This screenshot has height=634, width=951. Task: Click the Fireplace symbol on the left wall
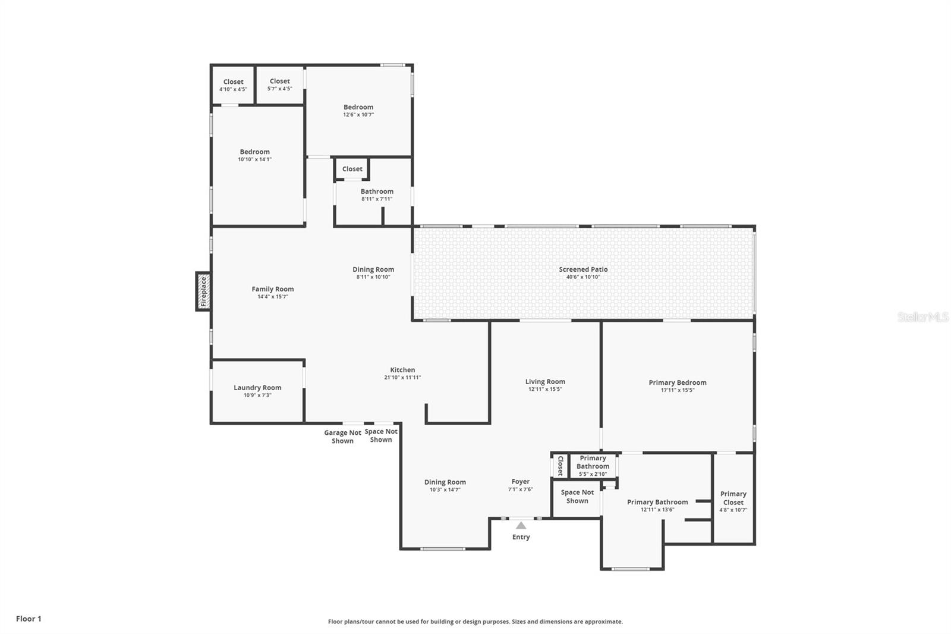pos(203,291)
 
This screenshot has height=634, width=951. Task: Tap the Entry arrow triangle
pos(521,526)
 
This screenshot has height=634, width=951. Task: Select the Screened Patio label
pos(583,269)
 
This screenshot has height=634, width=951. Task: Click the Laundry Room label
pos(257,388)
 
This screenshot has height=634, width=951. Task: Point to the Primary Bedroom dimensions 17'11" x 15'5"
pos(678,390)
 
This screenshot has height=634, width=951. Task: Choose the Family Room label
pos(273,289)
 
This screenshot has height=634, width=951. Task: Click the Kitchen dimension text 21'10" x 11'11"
pos(402,377)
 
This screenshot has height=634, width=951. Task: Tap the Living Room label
pos(545,382)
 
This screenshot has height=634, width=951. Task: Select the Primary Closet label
pos(733,498)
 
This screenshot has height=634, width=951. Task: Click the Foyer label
pos(521,482)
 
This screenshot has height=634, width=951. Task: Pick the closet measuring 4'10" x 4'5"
pos(233,85)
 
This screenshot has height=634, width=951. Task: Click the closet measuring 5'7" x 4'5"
pos(280,84)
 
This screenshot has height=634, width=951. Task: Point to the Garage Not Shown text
pos(342,437)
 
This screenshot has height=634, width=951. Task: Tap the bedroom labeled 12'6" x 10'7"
pos(358,111)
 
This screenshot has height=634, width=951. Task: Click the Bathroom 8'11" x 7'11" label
pos(377,194)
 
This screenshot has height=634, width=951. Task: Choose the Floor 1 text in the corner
pos(29,619)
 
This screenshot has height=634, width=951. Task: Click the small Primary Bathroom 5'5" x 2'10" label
pos(593,466)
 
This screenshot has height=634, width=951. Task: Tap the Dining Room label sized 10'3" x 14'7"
pos(445,485)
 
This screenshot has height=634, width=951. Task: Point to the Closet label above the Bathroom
pos(352,169)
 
